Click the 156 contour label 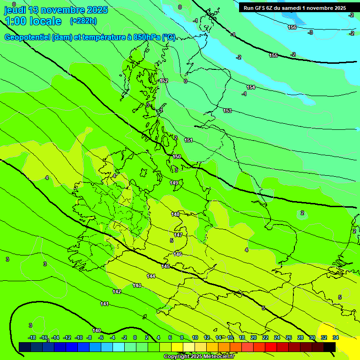coord(292,27)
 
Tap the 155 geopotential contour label coord(273,55)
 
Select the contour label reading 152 coord(164,81)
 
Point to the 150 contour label coord(177,157)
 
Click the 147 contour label coord(178,235)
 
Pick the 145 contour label coord(165,266)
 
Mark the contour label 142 coord(117,292)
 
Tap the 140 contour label coord(97,330)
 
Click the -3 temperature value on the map coord(310,32)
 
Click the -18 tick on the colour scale coord(32,337)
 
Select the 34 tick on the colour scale coord(336,337)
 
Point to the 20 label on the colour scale coord(253,337)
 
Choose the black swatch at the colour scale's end coord(330,346)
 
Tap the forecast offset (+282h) coord(83,21)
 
